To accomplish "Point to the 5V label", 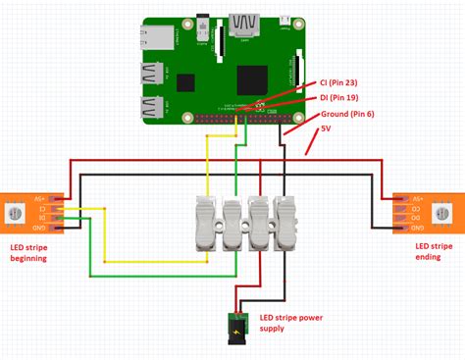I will (x=327, y=129).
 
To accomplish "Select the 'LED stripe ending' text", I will (x=433, y=252).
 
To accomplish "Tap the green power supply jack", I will (x=235, y=326).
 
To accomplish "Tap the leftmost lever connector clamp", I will (x=209, y=225).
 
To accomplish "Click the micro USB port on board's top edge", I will (x=283, y=21).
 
